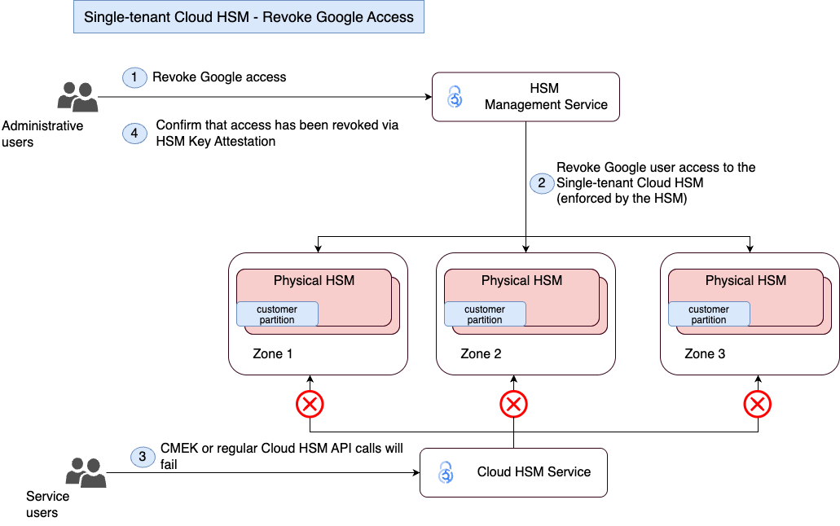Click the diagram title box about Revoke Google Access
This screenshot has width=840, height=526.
248,17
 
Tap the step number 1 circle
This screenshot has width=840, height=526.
134,77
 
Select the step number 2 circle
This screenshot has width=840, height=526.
542,182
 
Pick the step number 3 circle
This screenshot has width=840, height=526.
143,457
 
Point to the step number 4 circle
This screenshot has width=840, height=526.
134,134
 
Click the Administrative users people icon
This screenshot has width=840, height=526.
77,97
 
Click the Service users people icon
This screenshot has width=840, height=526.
86,472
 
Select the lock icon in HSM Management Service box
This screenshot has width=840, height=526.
455,97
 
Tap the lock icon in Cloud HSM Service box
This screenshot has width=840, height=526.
445,472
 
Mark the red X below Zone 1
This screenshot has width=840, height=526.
310,404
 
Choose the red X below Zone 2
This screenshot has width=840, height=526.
513,404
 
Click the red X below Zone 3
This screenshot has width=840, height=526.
758,404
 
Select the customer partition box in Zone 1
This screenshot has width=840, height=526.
277,314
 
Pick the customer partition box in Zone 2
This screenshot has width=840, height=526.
485,314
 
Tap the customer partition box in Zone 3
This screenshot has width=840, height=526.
709,314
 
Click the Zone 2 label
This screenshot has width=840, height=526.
481,354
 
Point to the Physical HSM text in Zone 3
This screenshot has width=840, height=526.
745,280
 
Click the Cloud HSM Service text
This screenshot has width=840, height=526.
534,471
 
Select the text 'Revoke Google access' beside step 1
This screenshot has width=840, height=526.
219,77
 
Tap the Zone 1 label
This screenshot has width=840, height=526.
272,354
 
